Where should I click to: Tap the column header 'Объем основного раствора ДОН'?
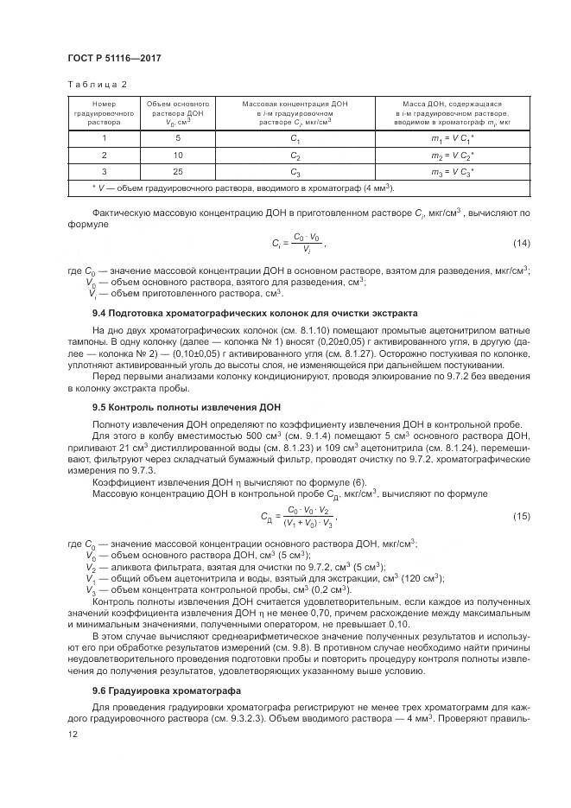pyautogui.click(x=178, y=113)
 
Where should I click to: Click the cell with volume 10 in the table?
pyautogui.click(x=178, y=155)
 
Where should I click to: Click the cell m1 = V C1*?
pyautogui.click(x=453, y=138)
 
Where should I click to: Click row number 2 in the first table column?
pyautogui.click(x=104, y=155)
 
